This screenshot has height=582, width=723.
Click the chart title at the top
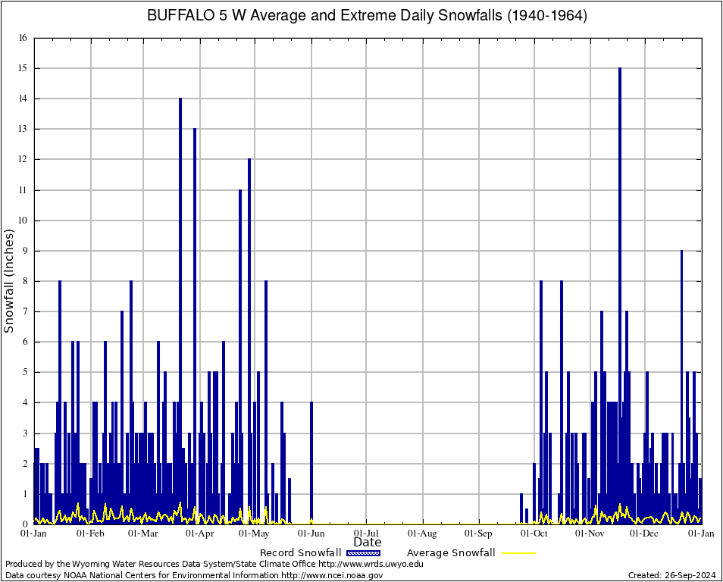[366, 16]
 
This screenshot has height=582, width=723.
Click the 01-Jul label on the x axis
[367, 533]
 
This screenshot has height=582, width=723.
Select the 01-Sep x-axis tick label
[479, 533]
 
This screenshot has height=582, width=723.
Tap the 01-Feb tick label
[91, 533]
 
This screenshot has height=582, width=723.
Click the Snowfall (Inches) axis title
[9, 280]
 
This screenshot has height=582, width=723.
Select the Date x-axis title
[368, 543]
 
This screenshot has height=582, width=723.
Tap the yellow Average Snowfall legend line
[518, 553]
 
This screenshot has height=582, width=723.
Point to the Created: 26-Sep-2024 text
[672, 575]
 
